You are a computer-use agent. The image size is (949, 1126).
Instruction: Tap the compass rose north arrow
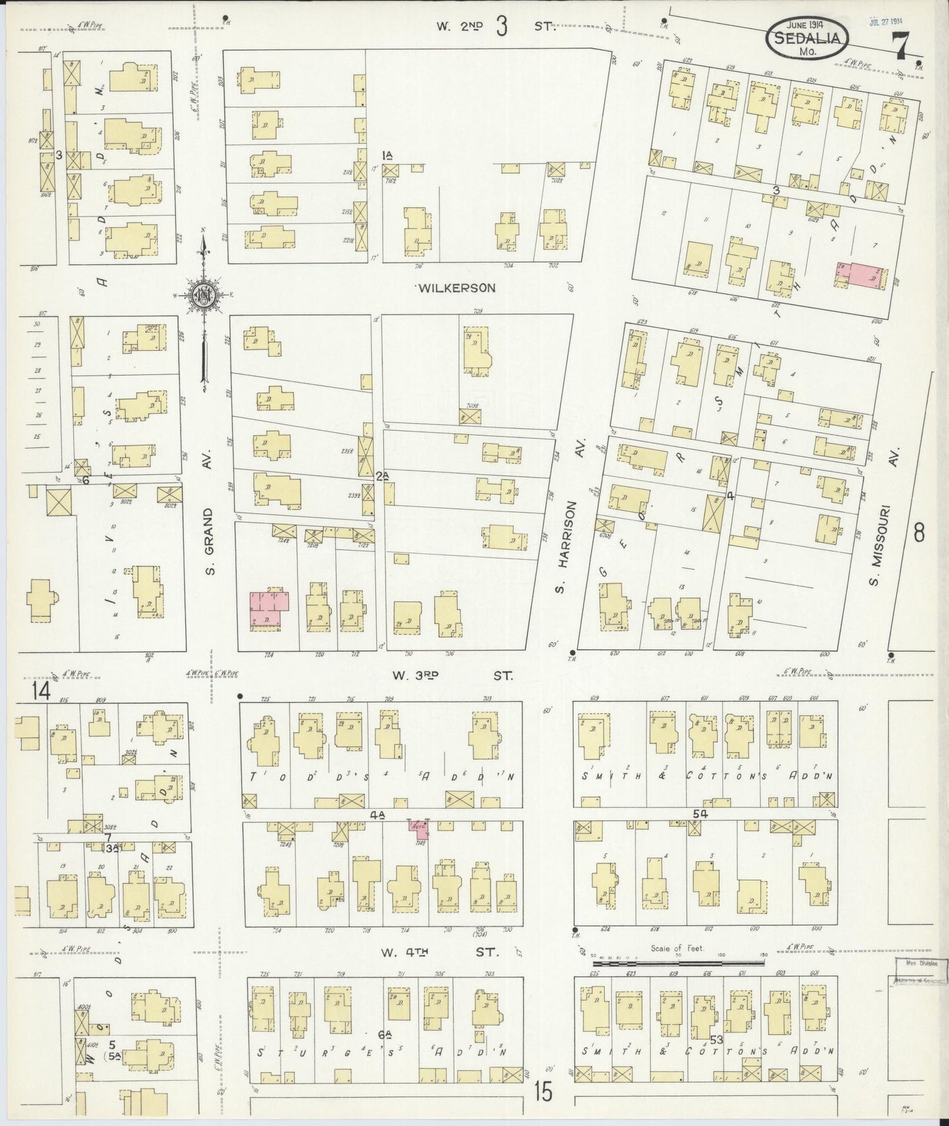click(205, 297)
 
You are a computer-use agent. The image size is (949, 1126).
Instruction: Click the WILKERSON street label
click(455, 288)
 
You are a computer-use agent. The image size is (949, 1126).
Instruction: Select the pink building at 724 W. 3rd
click(269, 609)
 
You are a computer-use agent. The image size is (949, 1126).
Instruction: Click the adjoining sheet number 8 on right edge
click(919, 533)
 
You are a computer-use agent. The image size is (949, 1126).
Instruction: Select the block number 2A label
click(383, 477)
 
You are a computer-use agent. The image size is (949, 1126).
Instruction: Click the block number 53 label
click(716, 1039)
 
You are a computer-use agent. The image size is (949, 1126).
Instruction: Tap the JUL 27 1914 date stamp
click(885, 20)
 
